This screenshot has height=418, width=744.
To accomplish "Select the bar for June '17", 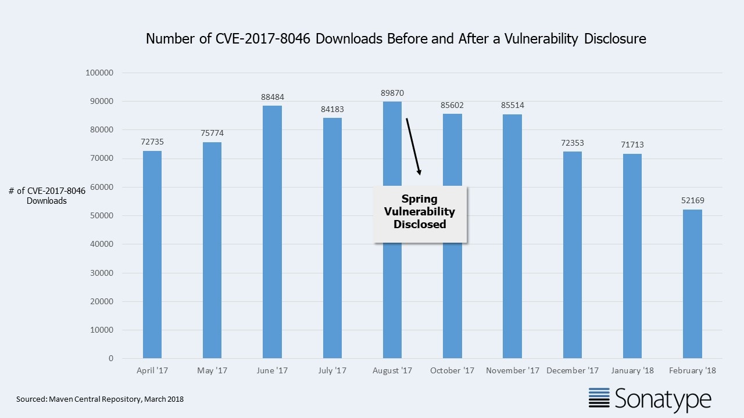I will (272, 232).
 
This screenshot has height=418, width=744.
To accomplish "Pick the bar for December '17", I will (573, 255).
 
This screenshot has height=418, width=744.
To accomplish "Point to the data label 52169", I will (692, 201).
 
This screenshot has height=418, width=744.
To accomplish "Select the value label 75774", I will (212, 134).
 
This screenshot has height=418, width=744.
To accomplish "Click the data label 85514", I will (513, 105).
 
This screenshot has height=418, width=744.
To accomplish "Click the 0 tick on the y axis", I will (110, 359).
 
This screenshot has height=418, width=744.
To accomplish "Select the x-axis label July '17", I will (332, 370).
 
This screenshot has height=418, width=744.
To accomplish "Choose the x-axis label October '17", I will (452, 370).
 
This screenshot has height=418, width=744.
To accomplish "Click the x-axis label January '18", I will (632, 370).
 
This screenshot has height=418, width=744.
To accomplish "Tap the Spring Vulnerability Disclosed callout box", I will (420, 212).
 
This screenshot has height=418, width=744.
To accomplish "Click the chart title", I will (396, 39).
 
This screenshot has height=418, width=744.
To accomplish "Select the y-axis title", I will (46, 196).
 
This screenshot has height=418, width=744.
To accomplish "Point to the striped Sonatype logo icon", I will (599, 398).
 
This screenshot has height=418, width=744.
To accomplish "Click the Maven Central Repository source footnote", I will (100, 399).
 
